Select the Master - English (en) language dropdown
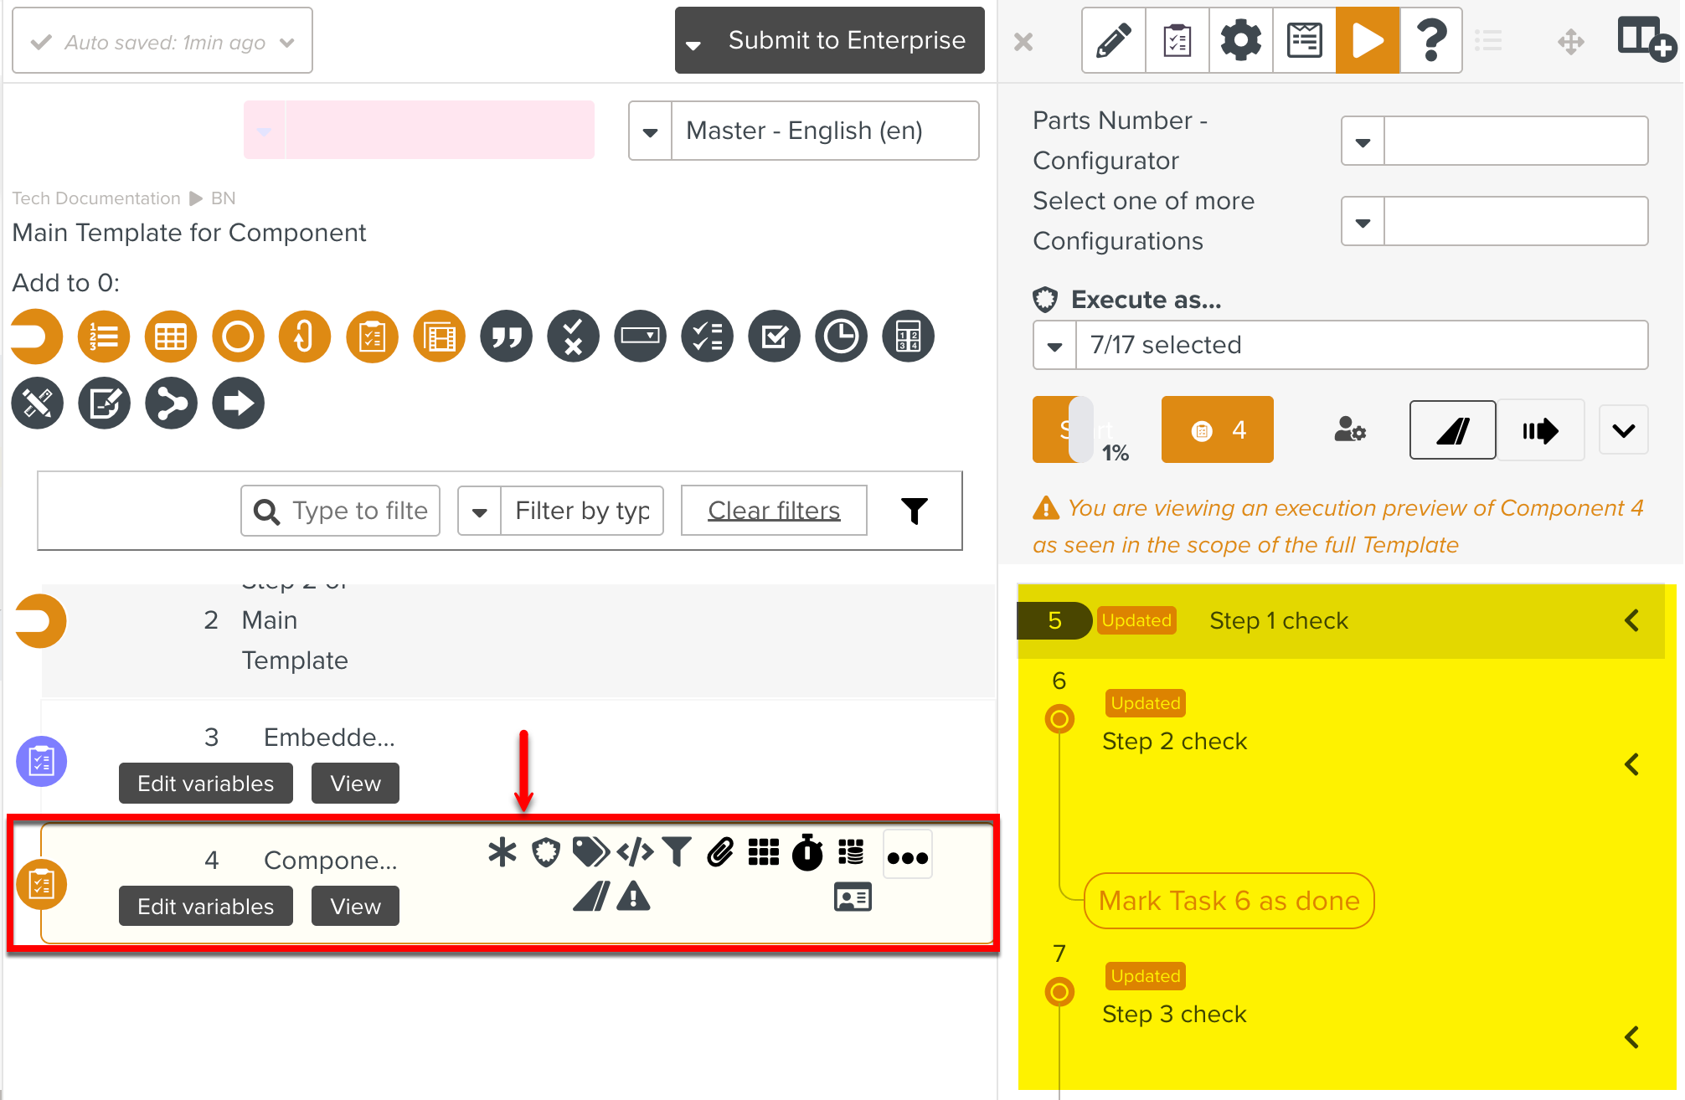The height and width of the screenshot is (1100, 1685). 804,131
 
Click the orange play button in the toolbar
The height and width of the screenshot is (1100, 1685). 1367,40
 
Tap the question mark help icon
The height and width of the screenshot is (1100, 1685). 1431,40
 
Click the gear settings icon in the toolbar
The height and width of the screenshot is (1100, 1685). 1240,40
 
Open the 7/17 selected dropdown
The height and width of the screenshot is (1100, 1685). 1340,345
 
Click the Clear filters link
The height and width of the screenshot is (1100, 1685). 774,511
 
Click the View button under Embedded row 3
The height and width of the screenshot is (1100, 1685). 355,784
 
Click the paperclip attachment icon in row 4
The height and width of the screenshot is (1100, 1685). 720,853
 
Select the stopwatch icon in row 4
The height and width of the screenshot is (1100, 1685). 807,853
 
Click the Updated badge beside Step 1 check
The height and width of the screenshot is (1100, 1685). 1136,620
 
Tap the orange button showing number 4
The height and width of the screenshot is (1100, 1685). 1217,430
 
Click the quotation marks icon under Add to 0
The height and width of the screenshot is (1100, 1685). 507,337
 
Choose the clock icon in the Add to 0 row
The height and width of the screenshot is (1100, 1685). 841,337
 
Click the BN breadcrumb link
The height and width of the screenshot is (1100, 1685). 223,198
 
